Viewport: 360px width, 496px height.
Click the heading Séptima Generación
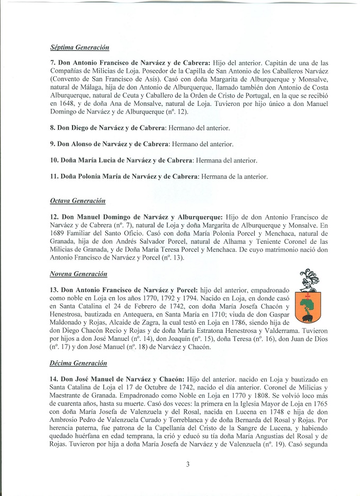point(79,47)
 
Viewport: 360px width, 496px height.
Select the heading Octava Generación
point(78,201)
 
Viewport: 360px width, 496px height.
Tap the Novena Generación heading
point(78,274)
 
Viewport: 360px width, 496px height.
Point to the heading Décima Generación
point(78,364)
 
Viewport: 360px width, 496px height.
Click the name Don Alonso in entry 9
point(75,144)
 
